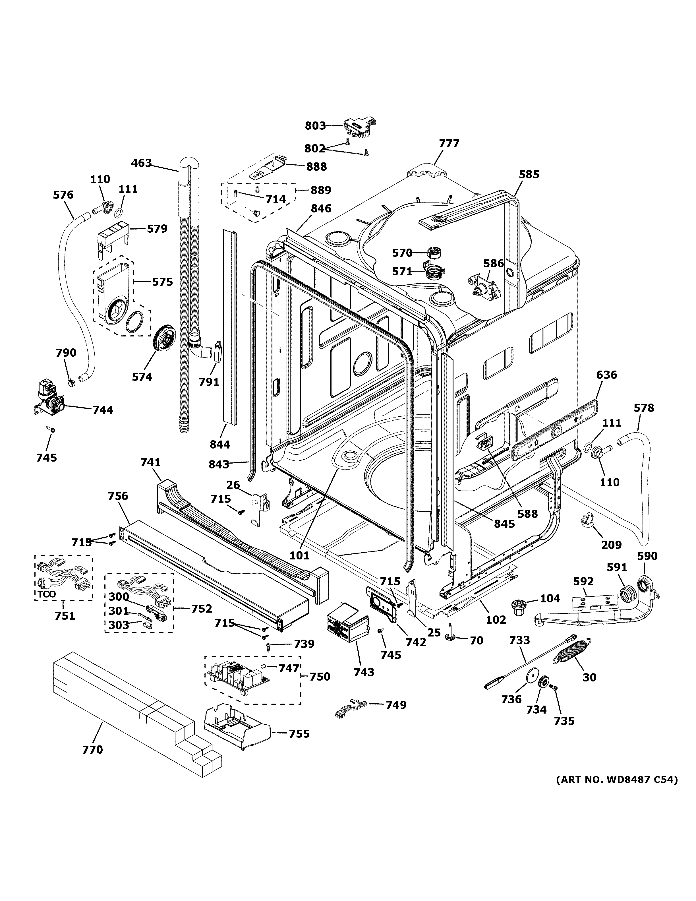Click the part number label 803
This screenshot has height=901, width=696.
pyautogui.click(x=315, y=126)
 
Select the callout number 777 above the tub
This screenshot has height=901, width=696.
pyautogui.click(x=449, y=144)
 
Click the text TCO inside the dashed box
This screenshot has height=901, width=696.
pyautogui.click(x=47, y=595)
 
